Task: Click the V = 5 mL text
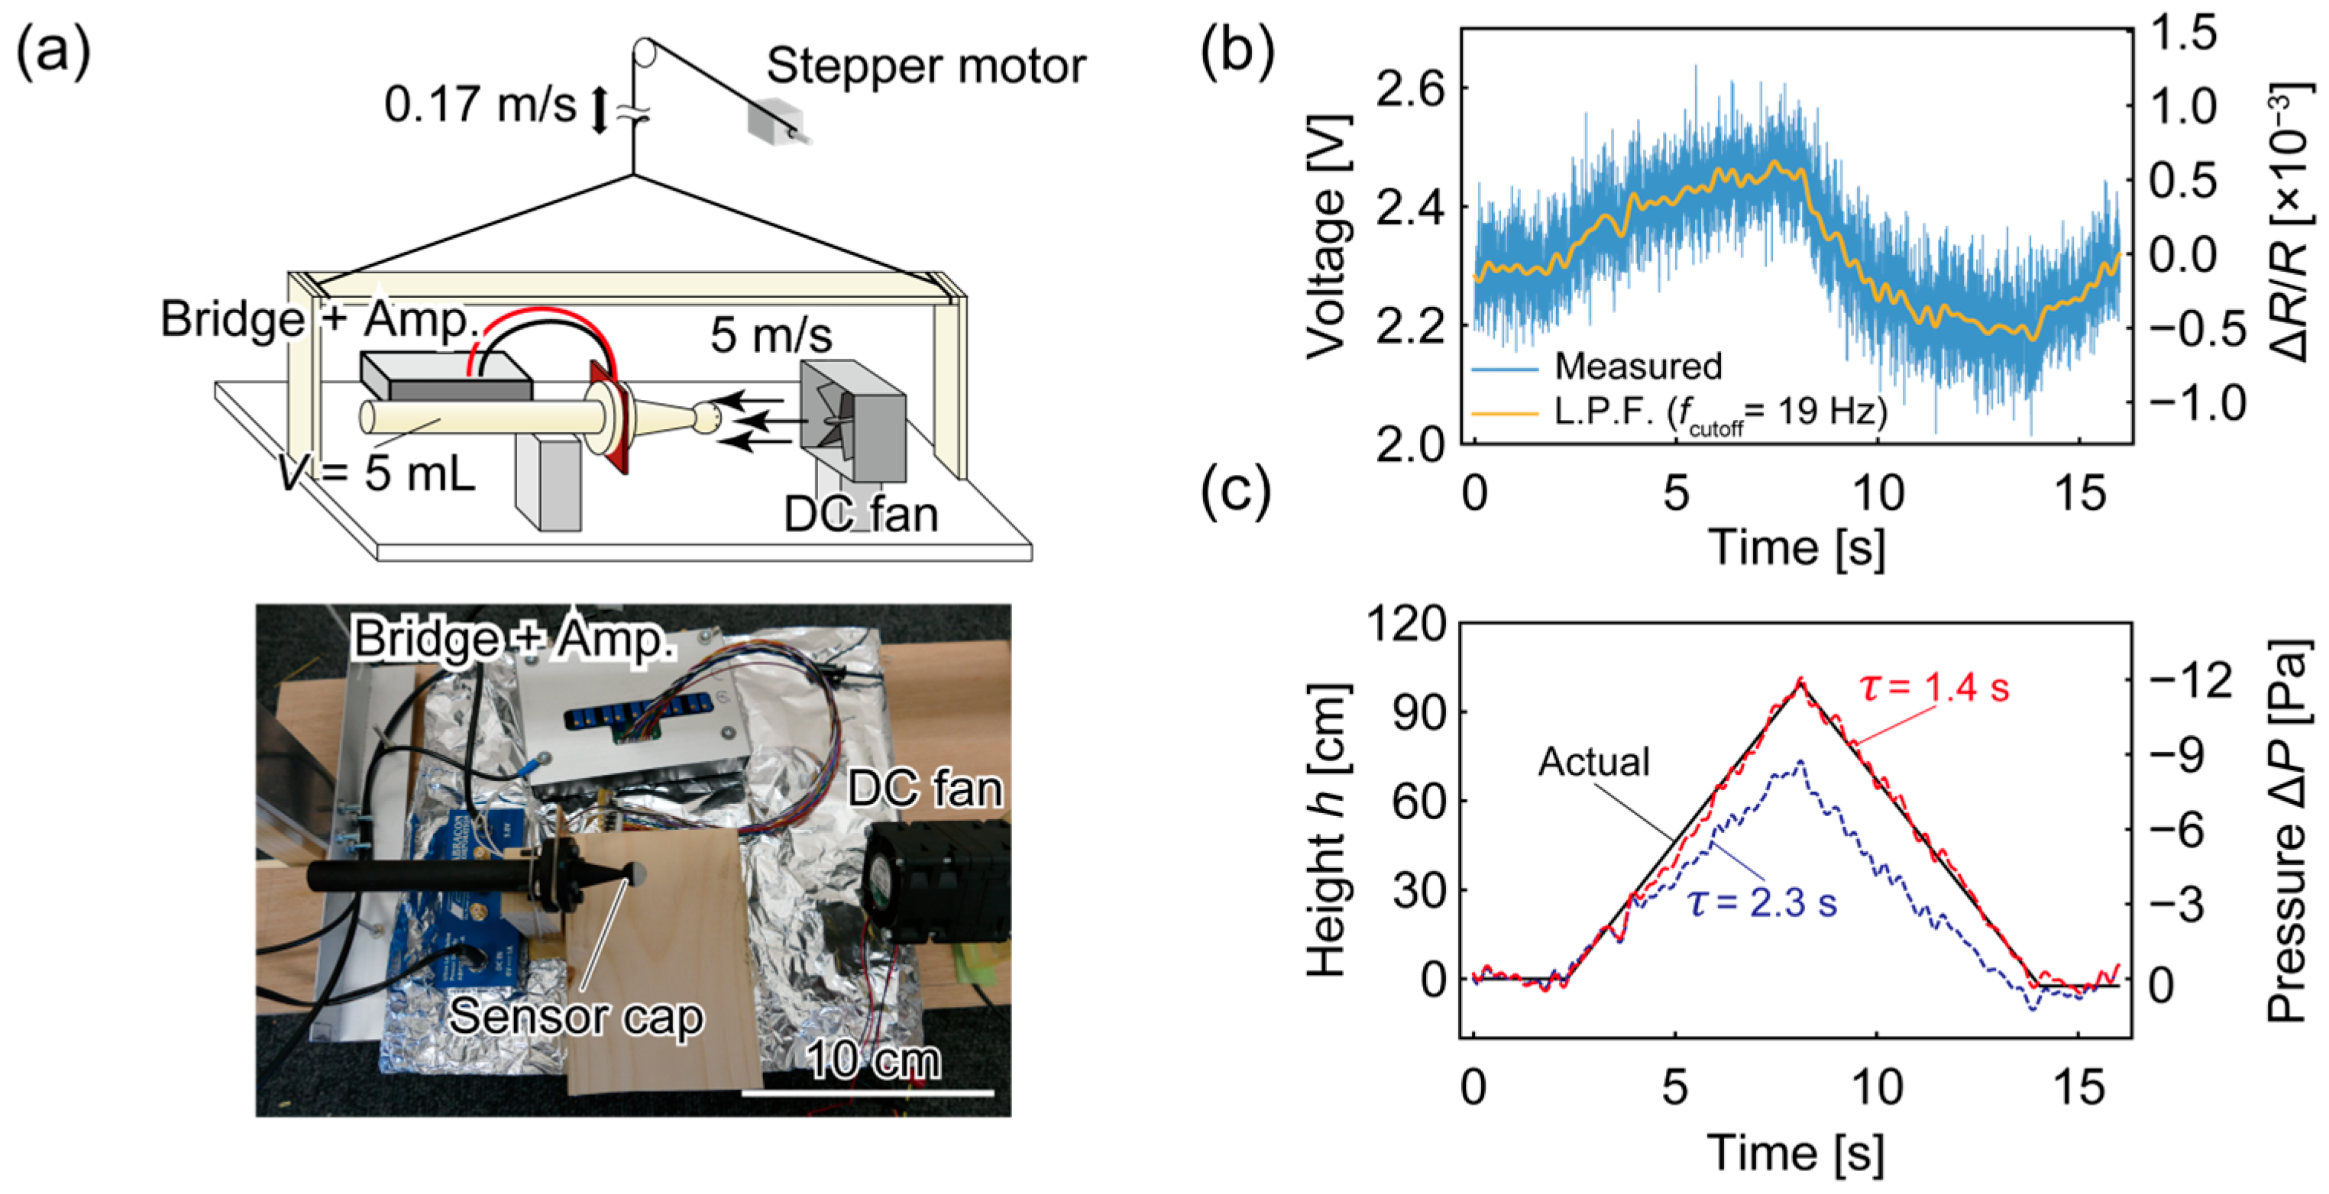point(378,472)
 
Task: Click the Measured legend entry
point(1638,366)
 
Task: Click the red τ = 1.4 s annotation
point(1935,688)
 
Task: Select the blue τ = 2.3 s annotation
point(1762,903)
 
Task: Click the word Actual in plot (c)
point(1593,762)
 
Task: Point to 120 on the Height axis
point(1407,624)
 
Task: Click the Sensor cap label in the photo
point(576,1016)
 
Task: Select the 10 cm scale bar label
point(872,1060)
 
